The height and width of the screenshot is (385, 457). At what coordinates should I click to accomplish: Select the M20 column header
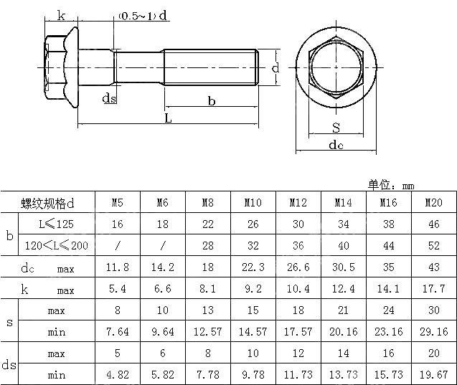[x=433, y=203]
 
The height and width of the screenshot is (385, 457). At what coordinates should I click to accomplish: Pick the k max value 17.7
[x=433, y=290]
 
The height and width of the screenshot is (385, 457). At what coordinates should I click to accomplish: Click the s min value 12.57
[x=207, y=332]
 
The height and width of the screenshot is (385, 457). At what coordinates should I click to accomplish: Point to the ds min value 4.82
[x=117, y=375]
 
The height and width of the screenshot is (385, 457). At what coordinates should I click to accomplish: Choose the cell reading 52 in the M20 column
[x=433, y=245]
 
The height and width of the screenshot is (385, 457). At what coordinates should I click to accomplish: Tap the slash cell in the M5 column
[x=117, y=245]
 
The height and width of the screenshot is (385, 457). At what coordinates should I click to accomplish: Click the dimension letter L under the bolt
[x=168, y=118]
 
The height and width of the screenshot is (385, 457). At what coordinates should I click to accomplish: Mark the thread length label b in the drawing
[x=212, y=102]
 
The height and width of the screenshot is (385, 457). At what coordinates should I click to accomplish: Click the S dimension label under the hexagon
[x=336, y=128]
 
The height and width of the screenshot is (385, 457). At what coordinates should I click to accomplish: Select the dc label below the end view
[x=336, y=146]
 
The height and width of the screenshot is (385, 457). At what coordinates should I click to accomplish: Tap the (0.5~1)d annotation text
[x=143, y=16]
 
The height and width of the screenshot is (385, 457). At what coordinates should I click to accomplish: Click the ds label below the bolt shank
[x=109, y=98]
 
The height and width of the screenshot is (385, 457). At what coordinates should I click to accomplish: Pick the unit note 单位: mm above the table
[x=392, y=185]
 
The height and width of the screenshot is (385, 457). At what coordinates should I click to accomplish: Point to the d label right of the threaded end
[x=275, y=68]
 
